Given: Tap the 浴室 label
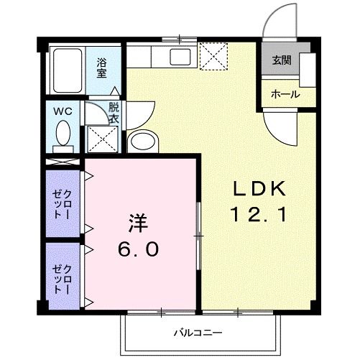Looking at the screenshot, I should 102,68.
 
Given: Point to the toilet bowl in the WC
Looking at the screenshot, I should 63,134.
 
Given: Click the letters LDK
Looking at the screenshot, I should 259,189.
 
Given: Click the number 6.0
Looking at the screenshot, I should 139,249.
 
